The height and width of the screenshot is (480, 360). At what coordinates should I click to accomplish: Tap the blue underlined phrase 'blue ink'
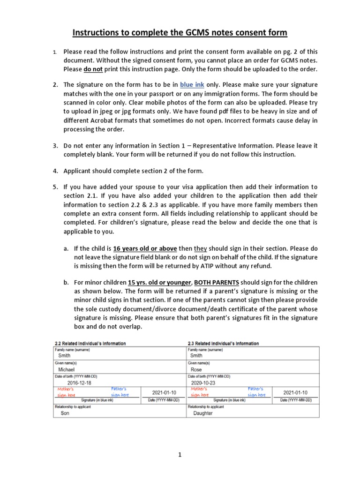click(x=194, y=85)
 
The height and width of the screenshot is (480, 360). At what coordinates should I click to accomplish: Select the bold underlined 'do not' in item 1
click(x=94, y=69)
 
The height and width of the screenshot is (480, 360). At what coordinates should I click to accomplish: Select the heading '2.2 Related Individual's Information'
click(x=90, y=344)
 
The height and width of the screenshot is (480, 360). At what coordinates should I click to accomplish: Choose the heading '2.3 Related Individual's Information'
click(x=223, y=344)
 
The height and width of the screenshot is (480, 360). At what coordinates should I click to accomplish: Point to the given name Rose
click(x=196, y=369)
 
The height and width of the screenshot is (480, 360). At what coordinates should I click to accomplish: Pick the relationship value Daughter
click(x=202, y=413)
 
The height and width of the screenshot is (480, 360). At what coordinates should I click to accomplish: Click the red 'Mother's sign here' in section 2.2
click(x=66, y=392)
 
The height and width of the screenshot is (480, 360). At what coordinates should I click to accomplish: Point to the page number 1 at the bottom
click(x=180, y=454)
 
